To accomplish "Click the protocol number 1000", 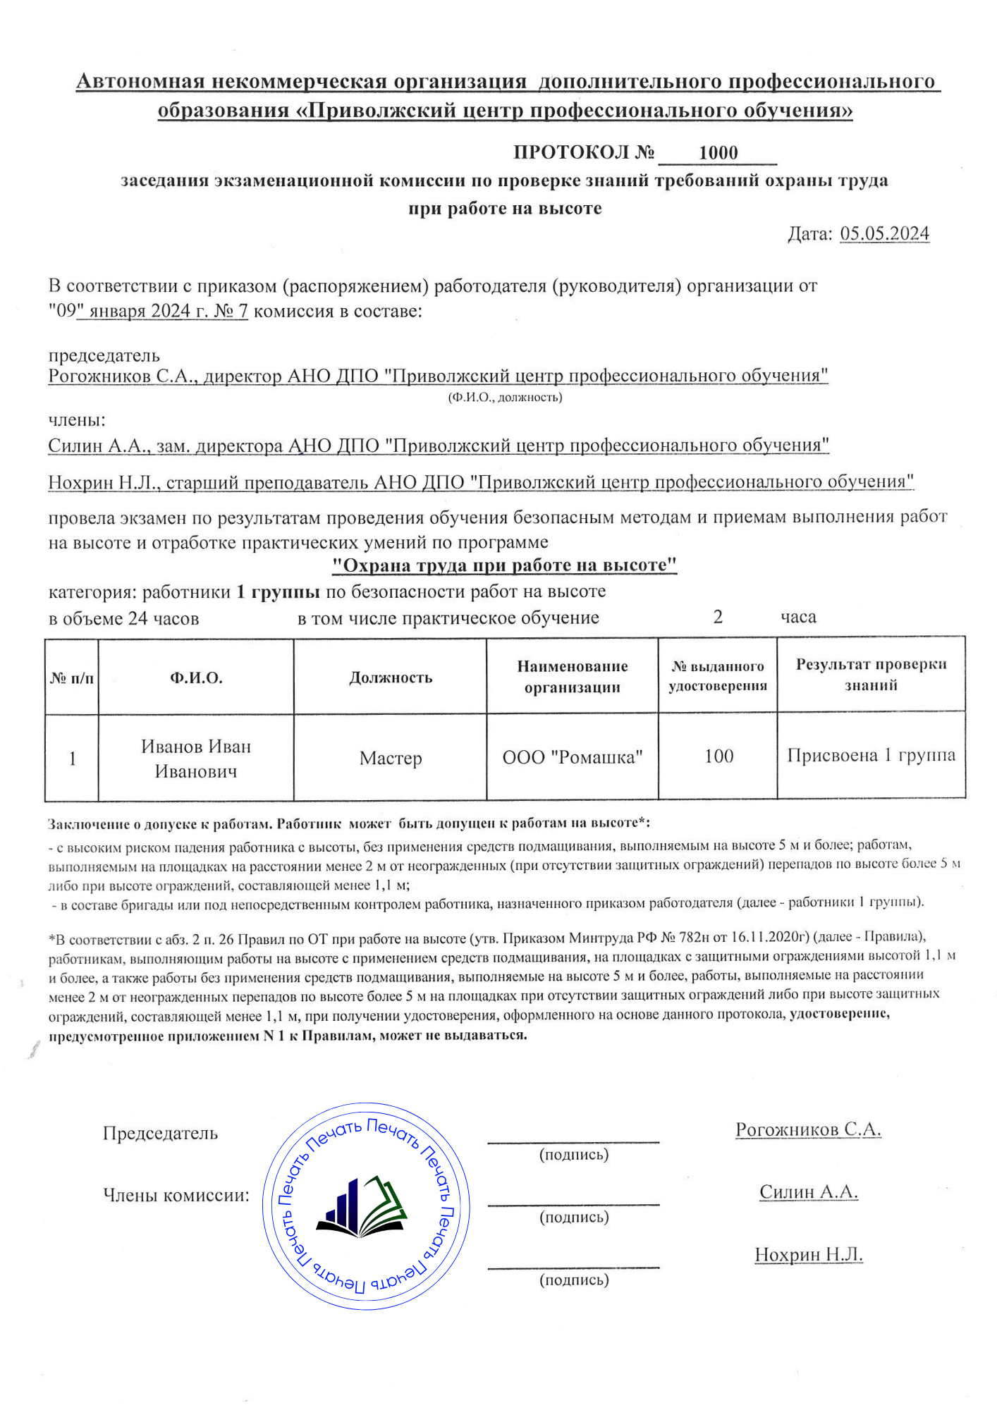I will click(x=718, y=153).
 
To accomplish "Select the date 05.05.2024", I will click(x=884, y=234).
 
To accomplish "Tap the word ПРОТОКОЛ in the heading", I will click(x=570, y=152).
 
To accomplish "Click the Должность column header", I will click(x=390, y=678).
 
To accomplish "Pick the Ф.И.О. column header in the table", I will click(x=196, y=678).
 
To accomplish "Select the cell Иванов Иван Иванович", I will click(x=196, y=759).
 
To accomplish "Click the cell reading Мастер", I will click(x=390, y=759).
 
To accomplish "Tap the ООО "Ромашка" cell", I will click(x=572, y=758).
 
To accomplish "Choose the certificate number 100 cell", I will click(x=718, y=756).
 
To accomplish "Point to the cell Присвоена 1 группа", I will click(x=871, y=756).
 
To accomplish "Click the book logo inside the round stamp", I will click(x=362, y=1207).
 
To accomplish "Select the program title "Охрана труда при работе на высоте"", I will click(x=504, y=565).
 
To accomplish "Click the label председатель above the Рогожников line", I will click(x=104, y=356).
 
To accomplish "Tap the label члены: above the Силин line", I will click(x=77, y=420).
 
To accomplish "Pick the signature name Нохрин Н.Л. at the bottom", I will click(x=809, y=1255).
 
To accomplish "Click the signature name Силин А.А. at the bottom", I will click(x=809, y=1192).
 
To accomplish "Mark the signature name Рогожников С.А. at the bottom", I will click(x=808, y=1129).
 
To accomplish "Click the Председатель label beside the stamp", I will click(x=160, y=1134).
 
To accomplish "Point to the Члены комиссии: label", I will click(x=176, y=1196).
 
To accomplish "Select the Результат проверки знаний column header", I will click(x=871, y=675).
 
